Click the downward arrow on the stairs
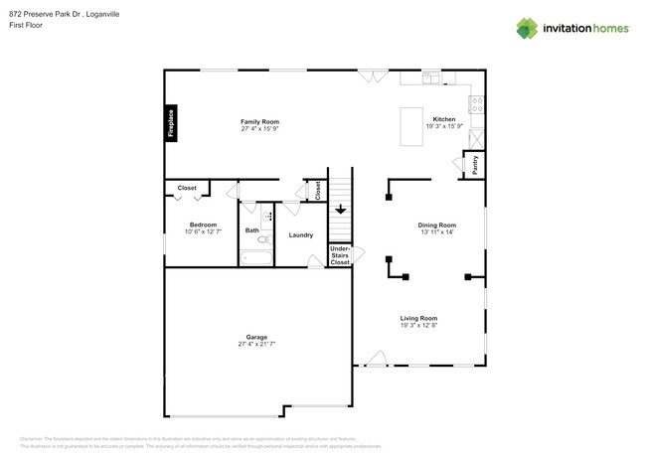340,210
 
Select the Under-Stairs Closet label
340,255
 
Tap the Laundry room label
301,235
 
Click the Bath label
252,230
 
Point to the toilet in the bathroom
264,238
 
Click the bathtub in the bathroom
256,259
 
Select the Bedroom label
203,225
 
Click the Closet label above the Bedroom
187,188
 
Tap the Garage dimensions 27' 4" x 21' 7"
256,344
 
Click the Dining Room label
436,225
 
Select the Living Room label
418,318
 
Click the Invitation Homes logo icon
527,28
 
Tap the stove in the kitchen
476,100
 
